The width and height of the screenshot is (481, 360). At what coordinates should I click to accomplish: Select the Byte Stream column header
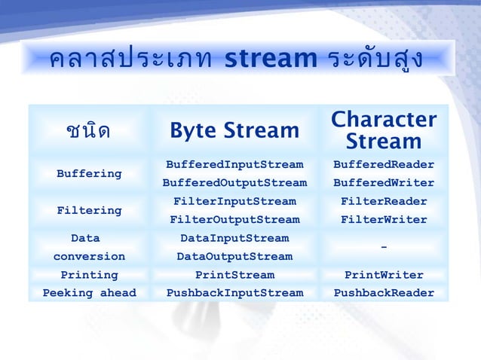(234, 131)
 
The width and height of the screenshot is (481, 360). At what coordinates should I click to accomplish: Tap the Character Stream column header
(384, 130)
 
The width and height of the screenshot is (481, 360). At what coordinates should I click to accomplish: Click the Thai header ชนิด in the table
(88, 131)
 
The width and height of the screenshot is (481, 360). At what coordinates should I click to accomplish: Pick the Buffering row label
(89, 173)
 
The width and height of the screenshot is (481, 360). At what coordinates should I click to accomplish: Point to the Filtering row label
(89, 210)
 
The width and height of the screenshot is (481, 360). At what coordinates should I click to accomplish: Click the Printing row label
(89, 275)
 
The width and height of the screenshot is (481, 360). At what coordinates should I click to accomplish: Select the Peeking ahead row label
(89, 293)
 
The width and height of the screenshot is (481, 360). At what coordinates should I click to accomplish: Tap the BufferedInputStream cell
(234, 164)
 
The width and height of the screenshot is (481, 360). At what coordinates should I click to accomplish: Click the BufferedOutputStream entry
(234, 183)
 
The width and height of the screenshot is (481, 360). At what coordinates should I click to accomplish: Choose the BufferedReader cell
(384, 164)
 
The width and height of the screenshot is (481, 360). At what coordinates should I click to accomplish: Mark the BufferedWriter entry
(384, 183)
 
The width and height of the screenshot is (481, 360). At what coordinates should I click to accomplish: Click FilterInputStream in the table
(234, 201)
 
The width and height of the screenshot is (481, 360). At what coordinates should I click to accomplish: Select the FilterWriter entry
(384, 220)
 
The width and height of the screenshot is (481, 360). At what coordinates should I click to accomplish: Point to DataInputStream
(234, 238)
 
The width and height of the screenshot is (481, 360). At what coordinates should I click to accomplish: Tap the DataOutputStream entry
(234, 257)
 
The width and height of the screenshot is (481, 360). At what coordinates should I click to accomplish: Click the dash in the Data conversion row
(384, 248)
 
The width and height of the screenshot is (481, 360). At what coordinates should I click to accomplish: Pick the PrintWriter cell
(384, 275)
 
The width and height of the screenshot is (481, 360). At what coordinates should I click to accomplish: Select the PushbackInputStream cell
(234, 293)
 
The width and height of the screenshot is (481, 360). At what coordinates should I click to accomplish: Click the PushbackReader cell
(384, 293)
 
